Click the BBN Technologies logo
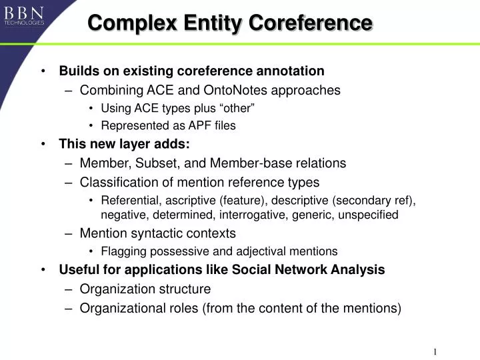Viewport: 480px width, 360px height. [x=25, y=15]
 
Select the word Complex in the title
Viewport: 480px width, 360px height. [x=126, y=23]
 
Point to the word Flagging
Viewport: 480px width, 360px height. [x=121, y=251]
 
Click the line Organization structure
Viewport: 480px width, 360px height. [x=145, y=289]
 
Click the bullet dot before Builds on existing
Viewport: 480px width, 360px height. [x=43, y=71]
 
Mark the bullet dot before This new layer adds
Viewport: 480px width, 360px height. [x=43, y=143]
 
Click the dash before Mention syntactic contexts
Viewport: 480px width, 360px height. [x=69, y=233]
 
